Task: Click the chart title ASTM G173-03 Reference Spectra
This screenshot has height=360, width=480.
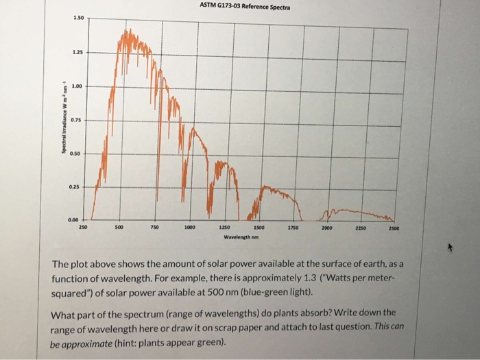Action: coord(245,8)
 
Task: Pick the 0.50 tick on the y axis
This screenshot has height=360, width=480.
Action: coord(77,152)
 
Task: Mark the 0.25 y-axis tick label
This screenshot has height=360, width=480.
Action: coord(78,186)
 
